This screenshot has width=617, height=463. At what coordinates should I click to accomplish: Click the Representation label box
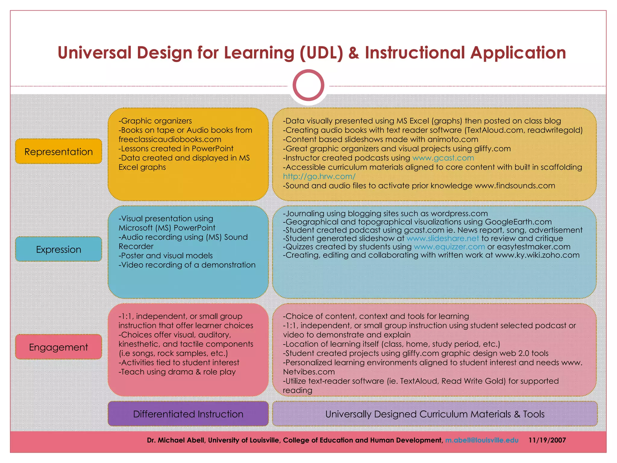coord(58,151)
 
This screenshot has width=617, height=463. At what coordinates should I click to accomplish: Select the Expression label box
coord(58,249)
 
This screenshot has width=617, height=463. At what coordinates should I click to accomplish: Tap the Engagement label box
coord(58,347)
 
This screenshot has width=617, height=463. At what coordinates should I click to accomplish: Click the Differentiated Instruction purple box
coord(188,414)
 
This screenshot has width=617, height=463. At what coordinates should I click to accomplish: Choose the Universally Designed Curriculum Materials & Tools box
coord(435,414)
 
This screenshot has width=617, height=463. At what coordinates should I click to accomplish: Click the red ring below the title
coord(308,85)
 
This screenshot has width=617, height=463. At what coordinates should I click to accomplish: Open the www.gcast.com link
coord(443,158)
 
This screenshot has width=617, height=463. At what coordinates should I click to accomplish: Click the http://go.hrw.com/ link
coord(319,176)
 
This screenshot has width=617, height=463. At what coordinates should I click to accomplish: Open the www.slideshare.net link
coord(443,238)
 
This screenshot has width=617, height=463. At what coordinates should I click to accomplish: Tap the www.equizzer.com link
coord(449,247)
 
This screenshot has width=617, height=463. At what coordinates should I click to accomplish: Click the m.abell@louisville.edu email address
coord(482,440)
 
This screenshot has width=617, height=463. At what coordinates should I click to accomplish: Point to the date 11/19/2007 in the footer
coord(547,440)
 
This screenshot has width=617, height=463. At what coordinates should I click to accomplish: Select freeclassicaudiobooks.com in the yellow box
coord(170,139)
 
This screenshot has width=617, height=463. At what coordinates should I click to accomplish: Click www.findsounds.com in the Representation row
coord(515,186)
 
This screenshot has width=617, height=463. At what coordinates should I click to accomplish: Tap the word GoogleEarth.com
coord(518,222)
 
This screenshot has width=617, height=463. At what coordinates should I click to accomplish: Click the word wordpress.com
coord(459,213)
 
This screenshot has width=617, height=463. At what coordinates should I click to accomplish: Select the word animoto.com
coord(453,139)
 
